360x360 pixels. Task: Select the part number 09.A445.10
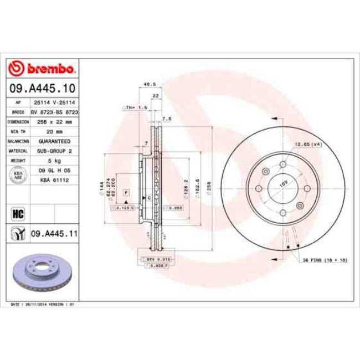(42, 89)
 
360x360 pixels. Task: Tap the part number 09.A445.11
(54, 234)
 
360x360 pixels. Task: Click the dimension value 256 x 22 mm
(54, 121)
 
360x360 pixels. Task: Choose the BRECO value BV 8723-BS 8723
(54, 112)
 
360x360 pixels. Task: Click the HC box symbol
(16, 213)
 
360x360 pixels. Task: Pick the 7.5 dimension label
(167, 118)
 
